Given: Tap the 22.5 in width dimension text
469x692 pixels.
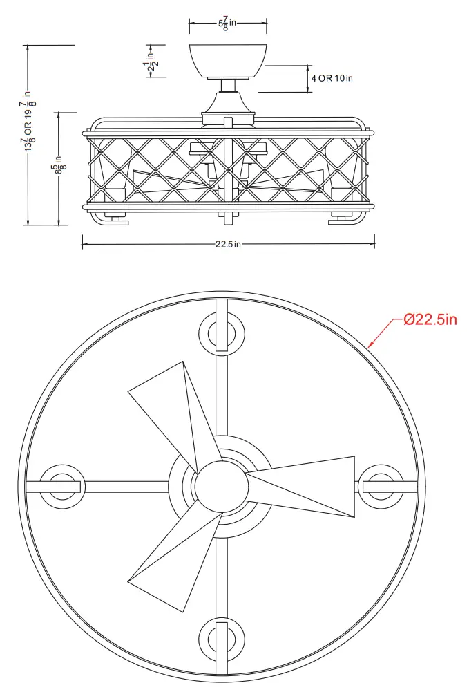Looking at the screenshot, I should click(x=228, y=243).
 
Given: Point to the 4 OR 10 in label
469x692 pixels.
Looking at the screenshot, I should click(x=332, y=79).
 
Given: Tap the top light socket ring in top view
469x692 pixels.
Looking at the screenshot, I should click(x=221, y=333).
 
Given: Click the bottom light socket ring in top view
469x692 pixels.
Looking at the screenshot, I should click(x=221, y=638).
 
